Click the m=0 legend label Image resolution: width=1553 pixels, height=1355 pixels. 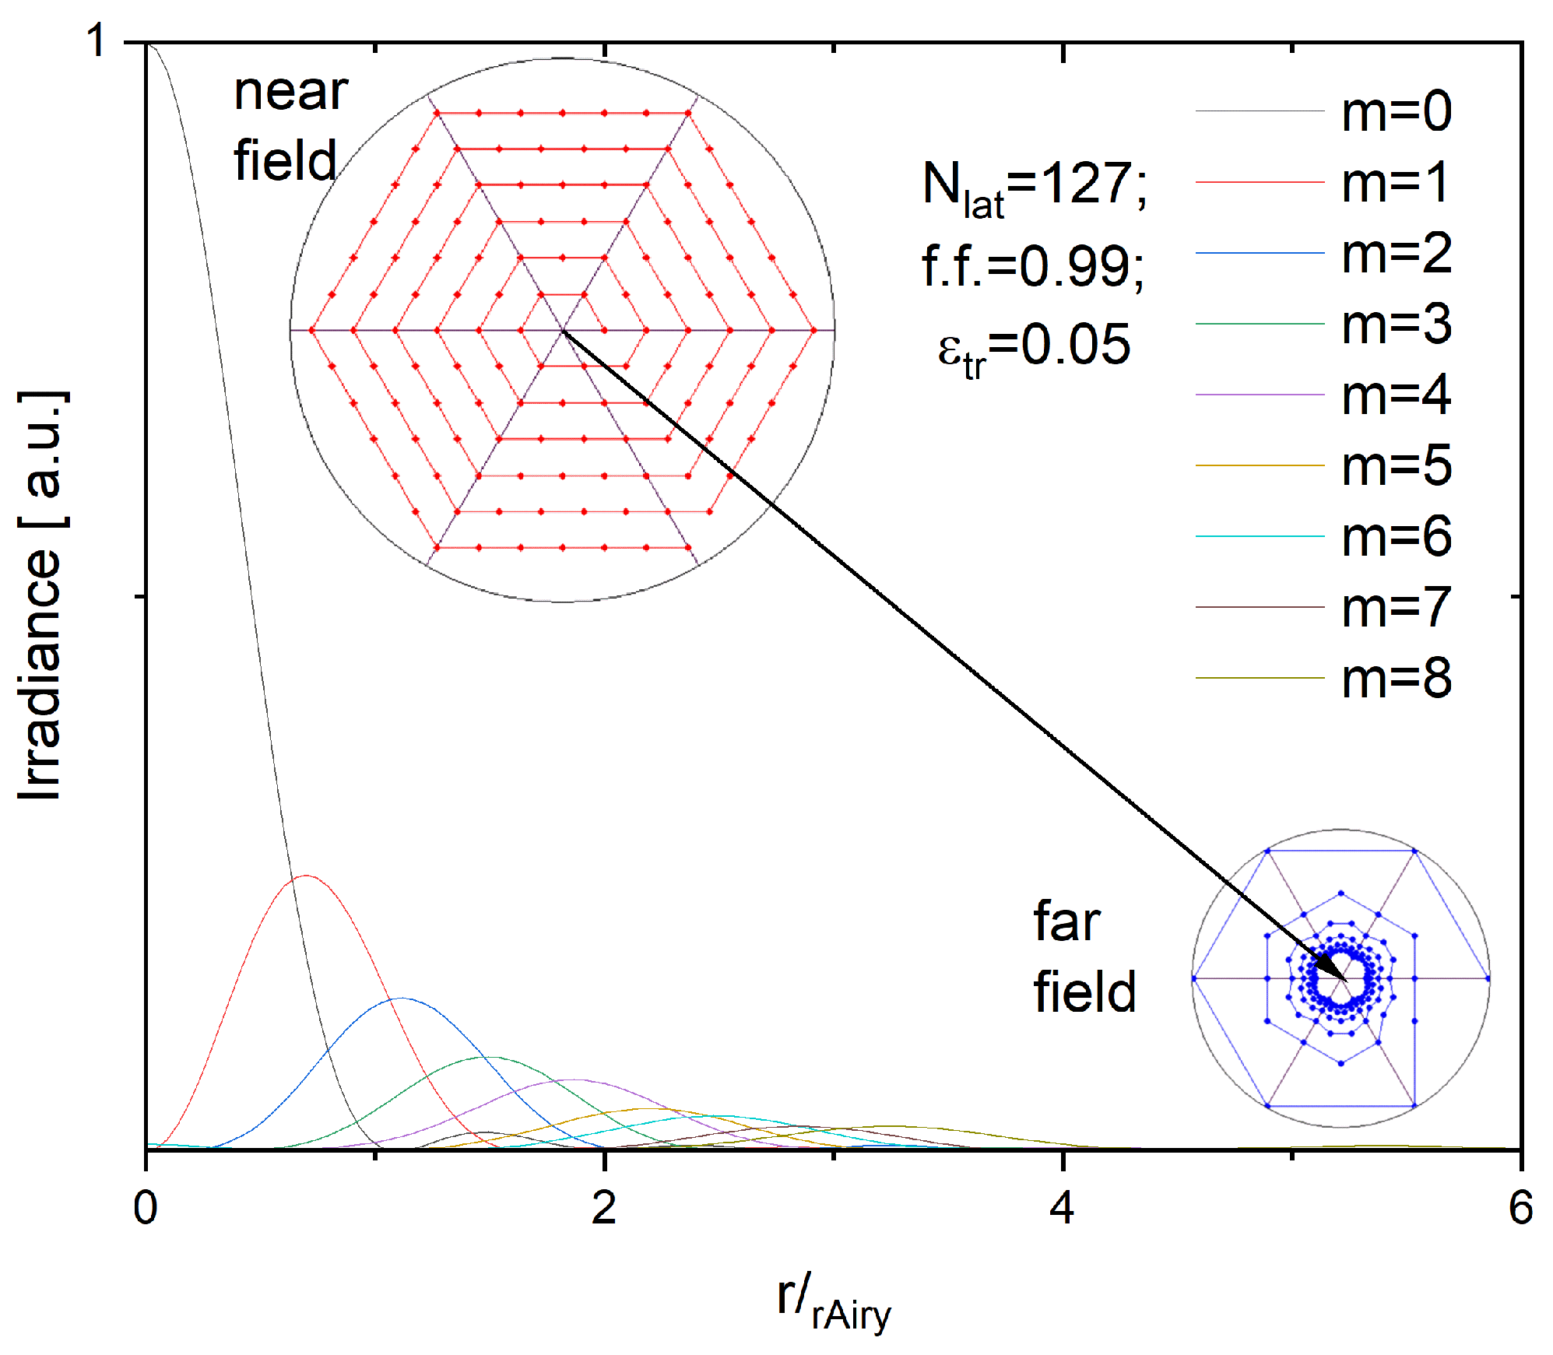[x=1396, y=111]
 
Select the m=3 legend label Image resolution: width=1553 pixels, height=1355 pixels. [x=1396, y=324]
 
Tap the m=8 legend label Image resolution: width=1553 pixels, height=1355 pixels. [x=1396, y=678]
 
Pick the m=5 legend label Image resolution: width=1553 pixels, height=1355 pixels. [x=1396, y=465]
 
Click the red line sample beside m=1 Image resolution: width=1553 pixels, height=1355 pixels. [x=1259, y=182]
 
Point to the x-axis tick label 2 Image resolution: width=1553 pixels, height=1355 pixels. [x=604, y=1208]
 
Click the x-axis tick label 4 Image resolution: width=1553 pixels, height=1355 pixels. [x=1062, y=1208]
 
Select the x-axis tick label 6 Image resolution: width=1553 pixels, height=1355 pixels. [x=1520, y=1208]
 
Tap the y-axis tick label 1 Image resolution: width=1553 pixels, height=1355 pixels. [x=97, y=40]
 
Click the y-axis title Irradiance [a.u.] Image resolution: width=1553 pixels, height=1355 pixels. [x=40, y=595]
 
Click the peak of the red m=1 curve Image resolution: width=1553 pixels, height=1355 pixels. [x=307, y=876]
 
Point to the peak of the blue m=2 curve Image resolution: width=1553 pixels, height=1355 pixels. [x=401, y=999]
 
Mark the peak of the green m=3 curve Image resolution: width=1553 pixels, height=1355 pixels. [x=492, y=1057]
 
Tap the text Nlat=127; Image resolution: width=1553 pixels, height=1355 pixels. [x=1034, y=188]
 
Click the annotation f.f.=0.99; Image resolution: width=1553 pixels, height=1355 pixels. [x=1032, y=266]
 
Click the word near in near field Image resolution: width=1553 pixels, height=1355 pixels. [x=290, y=92]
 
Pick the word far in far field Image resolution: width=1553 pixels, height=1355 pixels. [x=1066, y=921]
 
